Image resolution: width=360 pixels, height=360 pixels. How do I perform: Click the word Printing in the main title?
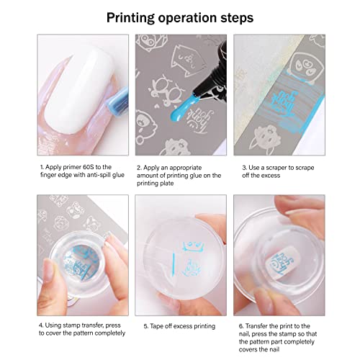tap(130, 18)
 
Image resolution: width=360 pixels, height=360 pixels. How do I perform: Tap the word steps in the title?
tap(237, 18)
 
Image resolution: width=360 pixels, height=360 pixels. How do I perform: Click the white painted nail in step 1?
tap(78, 90)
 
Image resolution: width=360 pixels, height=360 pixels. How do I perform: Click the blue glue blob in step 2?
tap(179, 109)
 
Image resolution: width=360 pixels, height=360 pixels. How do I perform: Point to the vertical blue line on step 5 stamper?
tap(174, 262)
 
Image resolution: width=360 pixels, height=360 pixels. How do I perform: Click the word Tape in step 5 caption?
tap(157, 326)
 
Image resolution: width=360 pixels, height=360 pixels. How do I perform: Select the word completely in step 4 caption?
tap(112, 333)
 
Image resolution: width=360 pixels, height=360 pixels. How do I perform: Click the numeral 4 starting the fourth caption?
tap(41, 325)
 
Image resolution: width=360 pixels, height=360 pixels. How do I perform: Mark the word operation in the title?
tap(187, 18)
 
